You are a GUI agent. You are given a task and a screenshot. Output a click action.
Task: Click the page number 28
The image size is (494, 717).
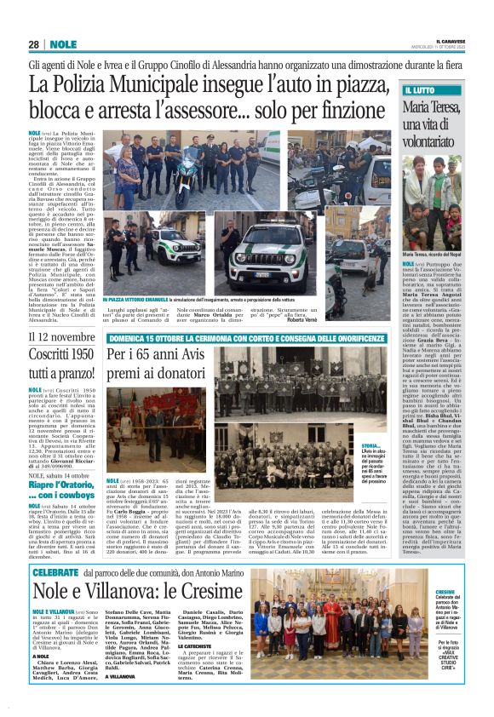(35, 44)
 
